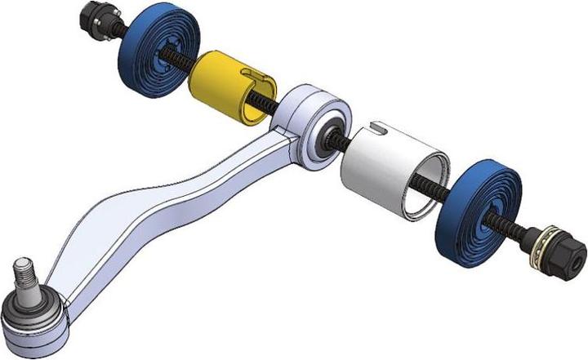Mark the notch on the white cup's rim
(x=377, y=127)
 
